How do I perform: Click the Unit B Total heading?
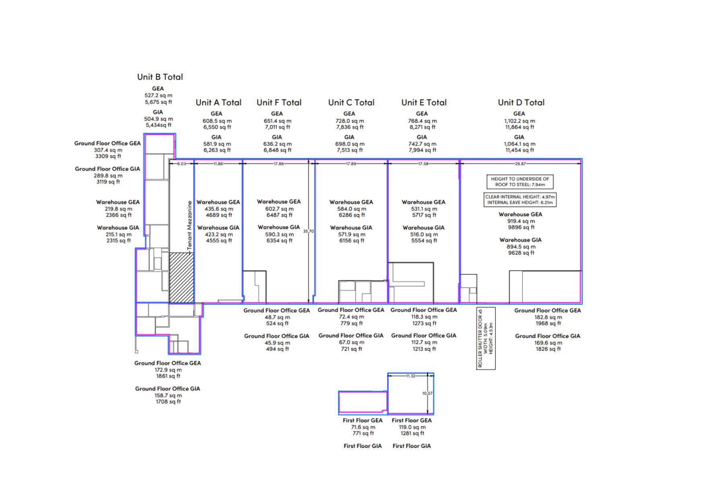point(160,77)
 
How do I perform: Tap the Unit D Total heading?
point(521,103)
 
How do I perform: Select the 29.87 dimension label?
point(520,164)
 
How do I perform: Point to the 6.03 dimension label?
point(182,164)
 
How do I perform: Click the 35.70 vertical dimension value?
point(308,231)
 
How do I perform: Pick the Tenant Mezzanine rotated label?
point(190,226)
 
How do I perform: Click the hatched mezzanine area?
point(181,277)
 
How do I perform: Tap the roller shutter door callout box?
point(485,338)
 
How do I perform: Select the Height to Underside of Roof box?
point(520,182)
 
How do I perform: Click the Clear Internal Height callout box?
point(520,199)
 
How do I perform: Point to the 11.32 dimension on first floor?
point(411,376)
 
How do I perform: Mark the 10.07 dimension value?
point(427,393)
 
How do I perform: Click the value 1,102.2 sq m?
point(519,121)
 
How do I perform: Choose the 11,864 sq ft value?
point(519,127)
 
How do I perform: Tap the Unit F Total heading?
point(279,103)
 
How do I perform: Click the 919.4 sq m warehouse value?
point(520,221)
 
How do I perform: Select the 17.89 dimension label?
point(351,164)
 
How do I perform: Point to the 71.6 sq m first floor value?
point(363,427)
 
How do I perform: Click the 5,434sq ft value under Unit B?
point(158,125)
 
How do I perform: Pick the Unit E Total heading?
point(423,103)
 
